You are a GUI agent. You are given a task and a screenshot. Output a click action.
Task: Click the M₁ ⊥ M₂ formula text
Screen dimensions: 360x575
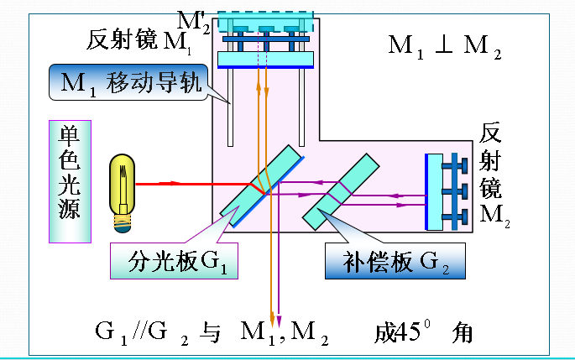444,45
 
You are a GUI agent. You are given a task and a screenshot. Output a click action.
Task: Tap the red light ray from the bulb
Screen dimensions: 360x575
193,183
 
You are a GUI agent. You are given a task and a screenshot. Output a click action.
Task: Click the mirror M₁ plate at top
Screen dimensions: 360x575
264,59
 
